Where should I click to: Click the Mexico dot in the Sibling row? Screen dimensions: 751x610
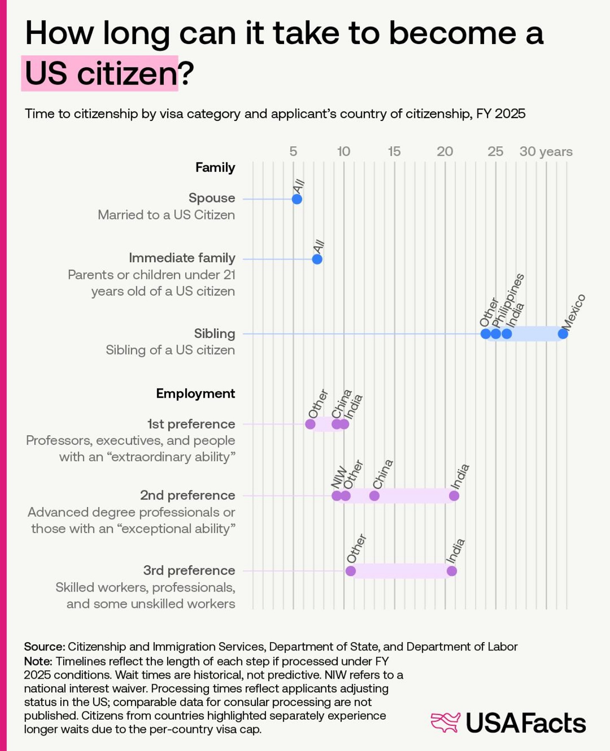tap(563, 334)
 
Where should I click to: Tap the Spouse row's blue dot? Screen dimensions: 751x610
tap(297, 199)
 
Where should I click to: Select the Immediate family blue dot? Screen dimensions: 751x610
tap(317, 259)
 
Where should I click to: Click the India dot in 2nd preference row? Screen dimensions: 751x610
tap(454, 495)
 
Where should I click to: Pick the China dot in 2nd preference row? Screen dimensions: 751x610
tap(374, 495)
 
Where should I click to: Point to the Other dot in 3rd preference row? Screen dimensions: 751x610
tap(350, 571)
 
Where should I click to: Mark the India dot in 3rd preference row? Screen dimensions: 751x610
tap(452, 571)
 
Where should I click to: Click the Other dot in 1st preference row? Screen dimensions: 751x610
tap(310, 424)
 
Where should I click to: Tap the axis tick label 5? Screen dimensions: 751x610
tap(293, 151)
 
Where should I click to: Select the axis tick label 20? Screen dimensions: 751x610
tap(445, 151)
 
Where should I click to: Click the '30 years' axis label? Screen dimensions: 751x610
tap(546, 151)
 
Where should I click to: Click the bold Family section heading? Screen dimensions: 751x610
tap(215, 167)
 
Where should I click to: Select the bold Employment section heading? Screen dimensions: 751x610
tap(195, 393)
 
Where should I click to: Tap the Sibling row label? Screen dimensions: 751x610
tap(214, 334)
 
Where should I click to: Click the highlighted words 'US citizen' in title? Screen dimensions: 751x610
tap(100, 73)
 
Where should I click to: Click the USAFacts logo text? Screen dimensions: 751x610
tap(526, 723)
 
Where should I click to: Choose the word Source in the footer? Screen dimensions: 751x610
tap(44, 646)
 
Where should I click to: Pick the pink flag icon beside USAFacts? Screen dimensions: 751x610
tap(445, 722)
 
